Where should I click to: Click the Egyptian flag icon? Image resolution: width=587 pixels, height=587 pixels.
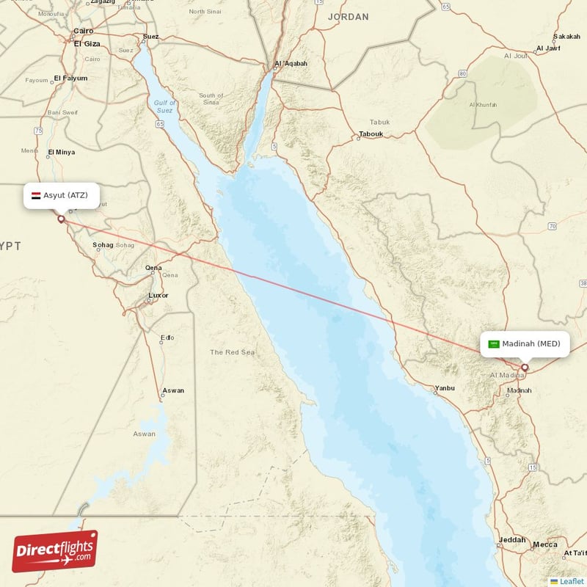click(35, 195)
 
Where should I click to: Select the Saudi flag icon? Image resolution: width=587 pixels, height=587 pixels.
click(494, 343)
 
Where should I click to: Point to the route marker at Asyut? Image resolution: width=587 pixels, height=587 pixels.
click(61, 219)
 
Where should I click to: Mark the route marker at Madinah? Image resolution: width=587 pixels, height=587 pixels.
click(525, 368)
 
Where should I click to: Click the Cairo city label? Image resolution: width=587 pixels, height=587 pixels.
click(83, 31)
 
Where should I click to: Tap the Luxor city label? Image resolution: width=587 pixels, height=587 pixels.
click(158, 296)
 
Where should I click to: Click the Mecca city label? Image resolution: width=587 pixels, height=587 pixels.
click(544, 544)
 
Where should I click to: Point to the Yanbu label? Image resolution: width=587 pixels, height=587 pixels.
click(445, 388)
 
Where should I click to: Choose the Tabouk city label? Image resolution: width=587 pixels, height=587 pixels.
click(371, 134)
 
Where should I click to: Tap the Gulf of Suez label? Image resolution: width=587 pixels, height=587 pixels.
click(164, 106)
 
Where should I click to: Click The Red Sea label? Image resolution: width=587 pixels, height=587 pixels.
click(232, 352)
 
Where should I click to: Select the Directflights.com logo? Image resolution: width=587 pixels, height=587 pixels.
click(55, 551)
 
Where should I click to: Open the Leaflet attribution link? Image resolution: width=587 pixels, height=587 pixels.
click(571, 581)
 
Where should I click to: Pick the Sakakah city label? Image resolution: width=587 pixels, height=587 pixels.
click(566, 36)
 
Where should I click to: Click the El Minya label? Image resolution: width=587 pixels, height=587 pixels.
click(61, 153)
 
